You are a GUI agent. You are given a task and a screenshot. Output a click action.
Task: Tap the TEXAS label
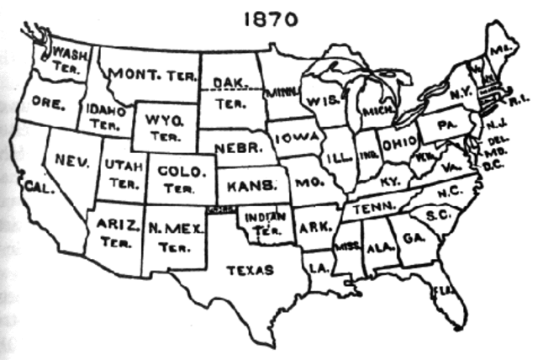(251, 270)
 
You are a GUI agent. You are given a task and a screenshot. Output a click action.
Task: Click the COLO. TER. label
(182, 178)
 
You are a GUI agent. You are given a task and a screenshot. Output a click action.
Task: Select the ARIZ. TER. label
(111, 233)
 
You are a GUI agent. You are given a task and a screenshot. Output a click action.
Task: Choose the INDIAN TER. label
(261, 220)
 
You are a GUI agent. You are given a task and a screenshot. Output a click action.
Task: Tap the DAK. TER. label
(228, 90)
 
